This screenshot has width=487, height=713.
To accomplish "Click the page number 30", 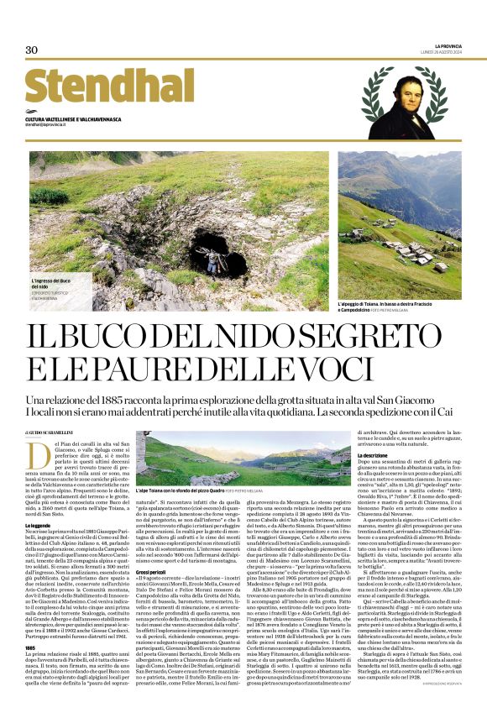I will click(32, 50).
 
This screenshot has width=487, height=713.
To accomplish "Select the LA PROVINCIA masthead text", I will click(448, 45).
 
